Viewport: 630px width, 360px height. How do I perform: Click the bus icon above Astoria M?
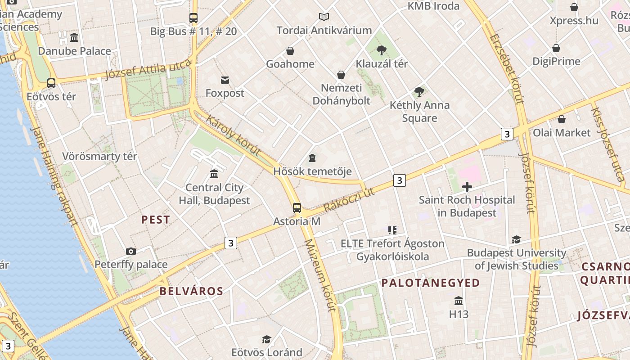(297, 207)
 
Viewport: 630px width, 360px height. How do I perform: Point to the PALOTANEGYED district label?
(431, 283)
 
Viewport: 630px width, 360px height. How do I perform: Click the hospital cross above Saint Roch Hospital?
(467, 186)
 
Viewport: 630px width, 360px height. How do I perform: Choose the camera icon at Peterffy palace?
(131, 251)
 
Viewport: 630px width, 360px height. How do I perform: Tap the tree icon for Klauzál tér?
(382, 50)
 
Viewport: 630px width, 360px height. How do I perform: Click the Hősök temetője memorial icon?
(312, 157)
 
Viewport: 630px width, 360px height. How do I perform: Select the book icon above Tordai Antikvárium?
(324, 17)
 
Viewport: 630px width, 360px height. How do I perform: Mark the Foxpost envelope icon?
(225, 80)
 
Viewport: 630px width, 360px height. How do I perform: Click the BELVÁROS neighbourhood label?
(191, 291)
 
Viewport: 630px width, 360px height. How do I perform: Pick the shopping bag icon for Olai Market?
(562, 119)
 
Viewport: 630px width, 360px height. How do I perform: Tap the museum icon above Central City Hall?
(214, 174)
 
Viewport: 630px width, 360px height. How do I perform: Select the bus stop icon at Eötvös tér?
(51, 83)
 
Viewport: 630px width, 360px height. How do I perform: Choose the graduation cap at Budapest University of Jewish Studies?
(516, 239)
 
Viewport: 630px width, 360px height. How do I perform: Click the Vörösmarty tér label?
(99, 157)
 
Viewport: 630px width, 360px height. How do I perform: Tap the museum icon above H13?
(459, 301)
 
